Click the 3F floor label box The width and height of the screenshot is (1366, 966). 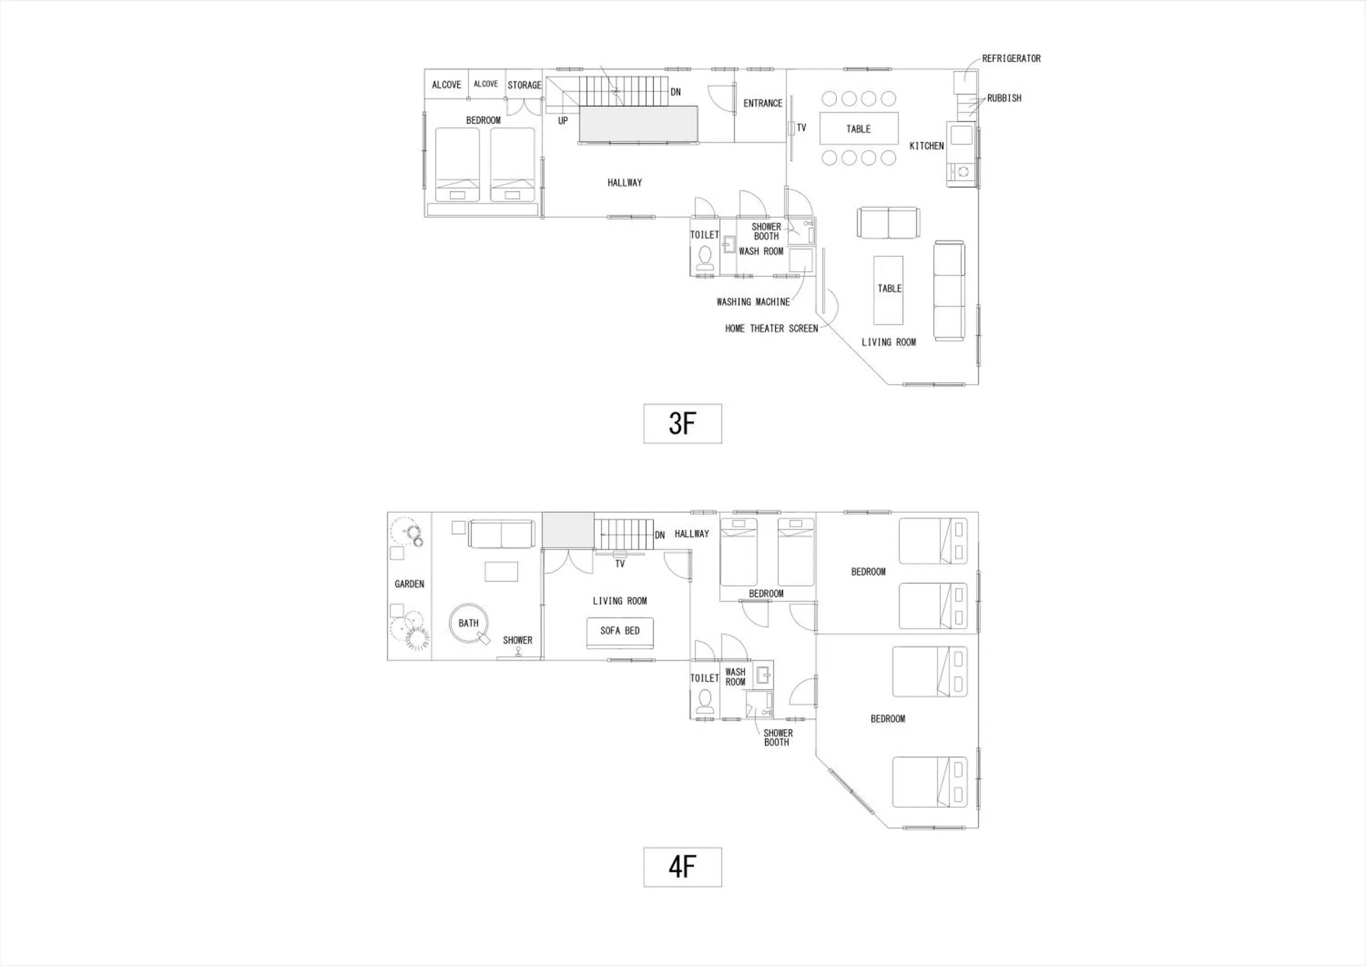[x=683, y=423]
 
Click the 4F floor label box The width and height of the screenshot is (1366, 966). [x=683, y=867]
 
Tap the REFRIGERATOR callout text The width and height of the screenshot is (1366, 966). [x=1011, y=58]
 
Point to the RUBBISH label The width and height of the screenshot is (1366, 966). [x=1004, y=98]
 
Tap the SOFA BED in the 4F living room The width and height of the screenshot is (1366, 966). [x=620, y=633]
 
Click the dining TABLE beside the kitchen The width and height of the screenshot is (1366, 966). [x=858, y=128]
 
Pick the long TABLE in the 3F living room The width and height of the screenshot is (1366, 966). [x=888, y=290]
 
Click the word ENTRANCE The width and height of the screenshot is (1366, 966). [x=763, y=103]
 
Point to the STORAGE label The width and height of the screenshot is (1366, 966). [x=524, y=85]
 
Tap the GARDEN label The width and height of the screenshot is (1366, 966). [x=409, y=584]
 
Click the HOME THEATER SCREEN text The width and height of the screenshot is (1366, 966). [x=772, y=328]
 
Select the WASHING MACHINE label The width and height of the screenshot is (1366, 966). [x=753, y=302]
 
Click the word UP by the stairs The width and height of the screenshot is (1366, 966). [x=563, y=121]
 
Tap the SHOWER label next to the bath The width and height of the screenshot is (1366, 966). [x=518, y=640]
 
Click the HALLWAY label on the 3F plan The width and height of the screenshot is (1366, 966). [x=625, y=183]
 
